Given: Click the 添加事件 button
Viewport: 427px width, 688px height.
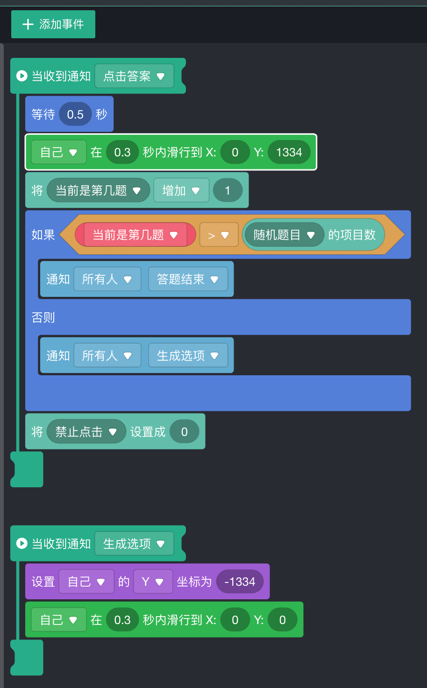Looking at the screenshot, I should (x=53, y=24).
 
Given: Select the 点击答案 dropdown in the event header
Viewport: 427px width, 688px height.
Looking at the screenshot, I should (x=134, y=76).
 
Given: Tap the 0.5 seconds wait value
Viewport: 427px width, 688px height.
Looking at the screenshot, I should (x=75, y=114).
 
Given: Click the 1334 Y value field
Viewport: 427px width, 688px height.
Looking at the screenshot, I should (x=289, y=152).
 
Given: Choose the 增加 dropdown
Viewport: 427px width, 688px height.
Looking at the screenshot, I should (x=181, y=190).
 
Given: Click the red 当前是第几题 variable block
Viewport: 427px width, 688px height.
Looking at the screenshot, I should (x=135, y=235).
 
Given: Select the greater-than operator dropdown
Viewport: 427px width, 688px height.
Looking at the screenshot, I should (x=219, y=235).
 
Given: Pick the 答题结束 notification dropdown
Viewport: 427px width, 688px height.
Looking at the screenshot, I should (x=188, y=279).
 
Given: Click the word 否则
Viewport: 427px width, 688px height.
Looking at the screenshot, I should (x=43, y=317).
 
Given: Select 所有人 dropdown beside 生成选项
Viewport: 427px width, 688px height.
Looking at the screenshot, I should (x=107, y=356).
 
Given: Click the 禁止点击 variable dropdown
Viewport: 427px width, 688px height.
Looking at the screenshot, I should (x=86, y=432).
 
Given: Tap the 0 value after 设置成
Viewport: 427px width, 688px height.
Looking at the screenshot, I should (x=185, y=432).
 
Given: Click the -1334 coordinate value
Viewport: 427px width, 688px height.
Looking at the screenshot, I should (x=240, y=582).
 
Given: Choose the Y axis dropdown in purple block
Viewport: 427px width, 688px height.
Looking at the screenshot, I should (x=153, y=582).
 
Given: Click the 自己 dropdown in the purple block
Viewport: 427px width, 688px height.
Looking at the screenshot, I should (x=86, y=582).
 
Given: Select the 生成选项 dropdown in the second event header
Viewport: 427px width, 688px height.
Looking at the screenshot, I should (x=134, y=544).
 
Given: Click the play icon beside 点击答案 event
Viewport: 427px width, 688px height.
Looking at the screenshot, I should (x=21, y=76).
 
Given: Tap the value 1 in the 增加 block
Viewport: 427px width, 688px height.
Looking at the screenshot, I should (x=228, y=190).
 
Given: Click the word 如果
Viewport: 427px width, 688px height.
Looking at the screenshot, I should (x=43, y=235).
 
